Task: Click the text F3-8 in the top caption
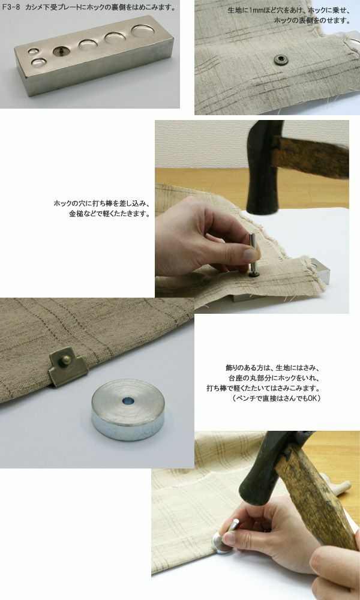9,7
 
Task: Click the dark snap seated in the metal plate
59,51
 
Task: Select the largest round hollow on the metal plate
143,31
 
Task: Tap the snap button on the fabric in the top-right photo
281,59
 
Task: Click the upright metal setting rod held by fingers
253,254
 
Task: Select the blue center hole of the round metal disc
128,401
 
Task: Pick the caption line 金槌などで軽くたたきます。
109,214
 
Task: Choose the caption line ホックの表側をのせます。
312,20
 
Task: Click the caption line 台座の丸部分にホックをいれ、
274,379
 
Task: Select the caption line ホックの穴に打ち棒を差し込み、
101,203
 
